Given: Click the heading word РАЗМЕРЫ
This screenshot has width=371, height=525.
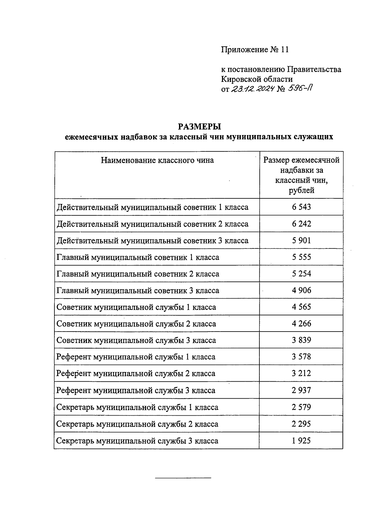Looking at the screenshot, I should pyautogui.click(x=199, y=127).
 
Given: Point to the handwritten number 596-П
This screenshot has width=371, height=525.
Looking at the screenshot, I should pyautogui.click(x=300, y=89).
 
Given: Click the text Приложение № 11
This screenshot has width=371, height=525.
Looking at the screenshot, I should pyautogui.click(x=255, y=50).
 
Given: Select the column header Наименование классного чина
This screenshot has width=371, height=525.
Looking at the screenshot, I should pyautogui.click(x=157, y=160).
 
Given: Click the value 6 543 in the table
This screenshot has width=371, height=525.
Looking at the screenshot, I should pyautogui.click(x=301, y=207).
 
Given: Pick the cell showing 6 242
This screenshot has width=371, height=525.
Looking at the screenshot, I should pyautogui.click(x=301, y=224).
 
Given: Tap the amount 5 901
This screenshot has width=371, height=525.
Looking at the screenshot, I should pyautogui.click(x=301, y=240).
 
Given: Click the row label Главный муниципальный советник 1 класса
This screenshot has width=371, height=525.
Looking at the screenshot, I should pyautogui.click(x=138, y=257).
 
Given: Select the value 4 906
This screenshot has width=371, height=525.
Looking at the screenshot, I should pyautogui.click(x=301, y=290).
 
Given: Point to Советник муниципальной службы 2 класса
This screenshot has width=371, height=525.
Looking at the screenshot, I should pyautogui.click(x=136, y=324).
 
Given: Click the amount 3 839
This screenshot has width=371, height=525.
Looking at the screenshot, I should pyautogui.click(x=301, y=340).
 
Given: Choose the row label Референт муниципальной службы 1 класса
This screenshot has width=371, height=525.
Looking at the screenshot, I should pyautogui.click(x=136, y=357).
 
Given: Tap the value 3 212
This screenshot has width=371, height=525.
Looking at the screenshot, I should pyautogui.click(x=301, y=374).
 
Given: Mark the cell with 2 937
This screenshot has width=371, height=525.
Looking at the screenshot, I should pyautogui.click(x=301, y=390).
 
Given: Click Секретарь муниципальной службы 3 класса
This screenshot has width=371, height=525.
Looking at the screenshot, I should pyautogui.click(x=137, y=441).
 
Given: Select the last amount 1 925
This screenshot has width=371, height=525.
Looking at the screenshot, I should pyautogui.click(x=301, y=441).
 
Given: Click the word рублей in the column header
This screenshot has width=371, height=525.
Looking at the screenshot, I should pyautogui.click(x=301, y=190).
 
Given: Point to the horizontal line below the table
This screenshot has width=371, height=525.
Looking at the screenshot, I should pyautogui.click(x=183, y=478).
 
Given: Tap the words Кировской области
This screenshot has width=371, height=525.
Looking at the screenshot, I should pyautogui.click(x=257, y=79).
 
